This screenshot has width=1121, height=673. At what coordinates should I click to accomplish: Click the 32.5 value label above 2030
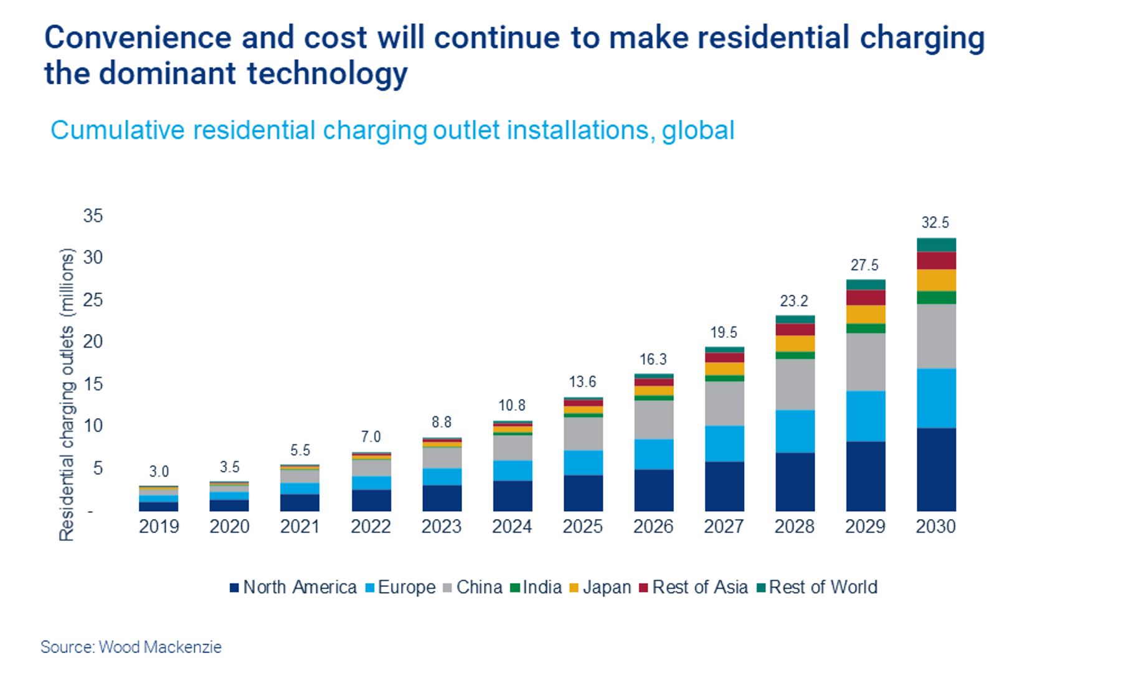pyautogui.click(x=935, y=222)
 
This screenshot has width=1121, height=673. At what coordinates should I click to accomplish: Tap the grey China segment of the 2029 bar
pyautogui.click(x=865, y=362)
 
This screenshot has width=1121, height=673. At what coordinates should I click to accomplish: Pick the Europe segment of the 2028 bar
pyautogui.click(x=795, y=431)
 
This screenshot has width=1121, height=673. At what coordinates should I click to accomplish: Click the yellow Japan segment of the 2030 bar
pyautogui.click(x=935, y=280)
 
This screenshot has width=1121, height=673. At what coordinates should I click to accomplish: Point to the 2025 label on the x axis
pyautogui.click(x=582, y=527)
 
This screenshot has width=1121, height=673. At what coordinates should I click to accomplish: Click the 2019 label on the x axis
pyautogui.click(x=159, y=527)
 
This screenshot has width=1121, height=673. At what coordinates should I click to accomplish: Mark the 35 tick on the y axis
pyautogui.click(x=93, y=216)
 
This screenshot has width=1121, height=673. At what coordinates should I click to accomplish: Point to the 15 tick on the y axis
pyautogui.click(x=93, y=384)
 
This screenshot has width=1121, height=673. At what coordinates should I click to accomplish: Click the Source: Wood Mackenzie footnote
pyautogui.click(x=131, y=647)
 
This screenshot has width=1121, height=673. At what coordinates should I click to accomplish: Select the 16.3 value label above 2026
pyautogui.click(x=653, y=360)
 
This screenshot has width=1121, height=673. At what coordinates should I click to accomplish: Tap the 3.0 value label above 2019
pyautogui.click(x=159, y=472)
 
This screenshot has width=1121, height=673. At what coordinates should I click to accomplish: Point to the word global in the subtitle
pyautogui.click(x=698, y=131)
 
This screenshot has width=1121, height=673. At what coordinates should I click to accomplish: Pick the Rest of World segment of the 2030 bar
pyautogui.click(x=935, y=245)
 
